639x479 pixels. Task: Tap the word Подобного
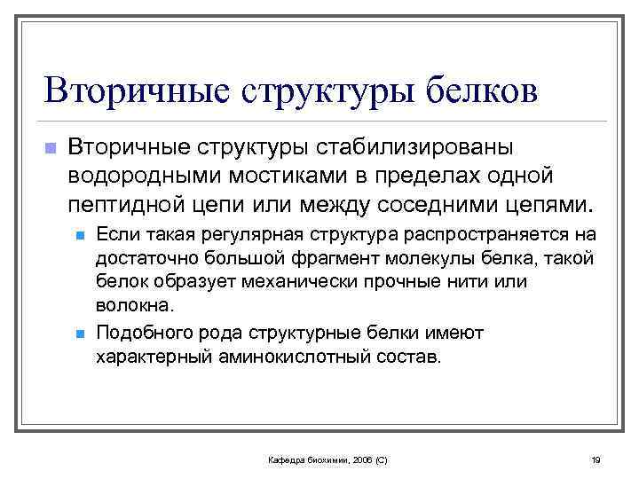point(138,334)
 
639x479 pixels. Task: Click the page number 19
point(596,459)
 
